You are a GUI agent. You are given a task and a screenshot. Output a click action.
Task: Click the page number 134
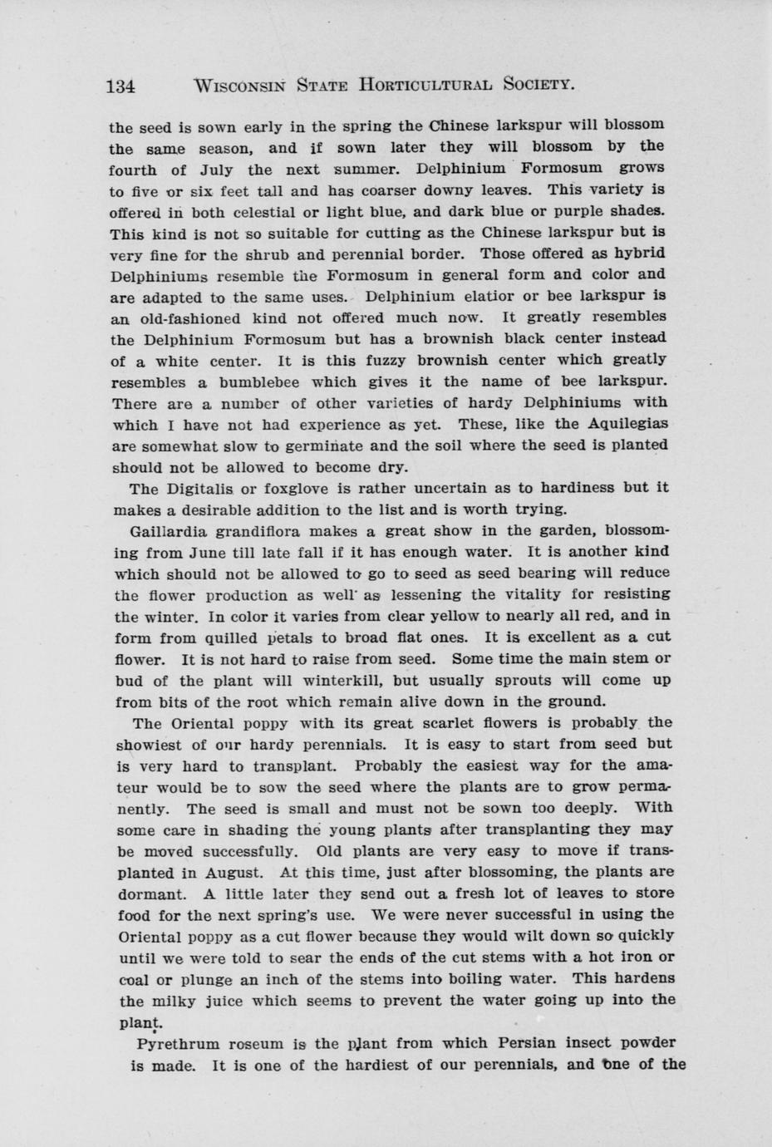[121, 85]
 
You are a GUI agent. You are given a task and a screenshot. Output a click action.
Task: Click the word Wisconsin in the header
[238, 85]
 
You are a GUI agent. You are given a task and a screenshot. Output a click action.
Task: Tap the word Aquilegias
[627, 424]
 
